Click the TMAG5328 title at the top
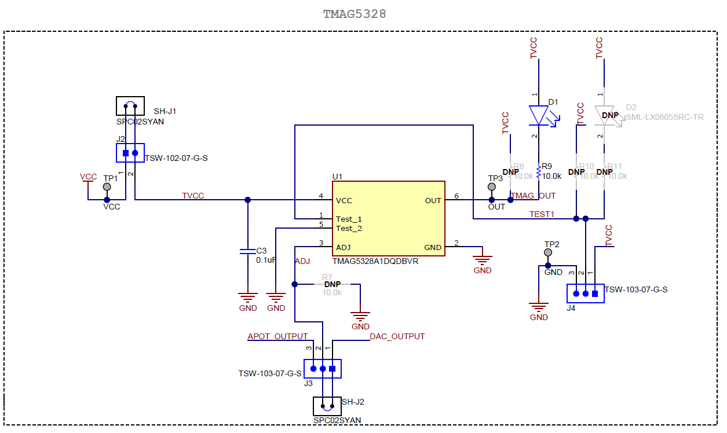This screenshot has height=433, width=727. [355, 14]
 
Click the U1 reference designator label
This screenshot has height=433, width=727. [337, 176]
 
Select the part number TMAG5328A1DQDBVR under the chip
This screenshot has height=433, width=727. [375, 261]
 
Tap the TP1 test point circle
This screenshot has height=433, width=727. [107, 187]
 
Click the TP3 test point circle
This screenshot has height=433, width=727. [492, 187]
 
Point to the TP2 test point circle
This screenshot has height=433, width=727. [548, 253]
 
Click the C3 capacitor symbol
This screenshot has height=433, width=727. [248, 251]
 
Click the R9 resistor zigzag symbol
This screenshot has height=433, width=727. [539, 172]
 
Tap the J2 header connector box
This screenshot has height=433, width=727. [130, 153]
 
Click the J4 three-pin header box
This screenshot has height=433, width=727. [585, 293]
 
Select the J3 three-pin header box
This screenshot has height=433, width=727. [323, 368]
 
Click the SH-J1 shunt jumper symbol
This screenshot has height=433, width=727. [130, 106]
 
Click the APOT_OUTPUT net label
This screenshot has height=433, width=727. [277, 336]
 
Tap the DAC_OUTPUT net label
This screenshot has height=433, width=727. [397, 336]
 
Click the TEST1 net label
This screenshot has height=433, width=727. [542, 214]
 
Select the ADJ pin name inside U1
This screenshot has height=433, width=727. [344, 247]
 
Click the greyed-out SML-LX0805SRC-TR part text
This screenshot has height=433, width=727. [665, 117]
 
